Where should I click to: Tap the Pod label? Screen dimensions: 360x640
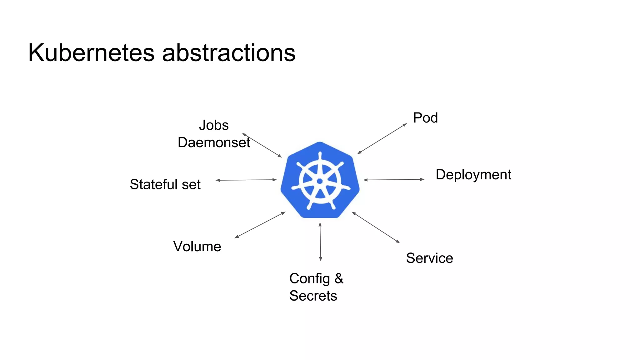click(x=425, y=118)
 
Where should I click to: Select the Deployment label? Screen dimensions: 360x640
click(x=473, y=174)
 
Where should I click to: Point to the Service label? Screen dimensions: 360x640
click(x=429, y=258)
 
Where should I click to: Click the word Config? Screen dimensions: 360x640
click(x=309, y=278)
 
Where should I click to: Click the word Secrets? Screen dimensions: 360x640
click(x=313, y=296)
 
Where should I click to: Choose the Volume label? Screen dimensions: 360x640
click(x=197, y=247)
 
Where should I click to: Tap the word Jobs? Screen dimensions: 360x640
click(x=214, y=125)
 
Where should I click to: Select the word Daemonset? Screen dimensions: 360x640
click(x=214, y=142)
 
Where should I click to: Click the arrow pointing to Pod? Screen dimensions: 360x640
click(x=382, y=138)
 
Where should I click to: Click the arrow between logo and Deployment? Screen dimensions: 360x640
click(x=394, y=180)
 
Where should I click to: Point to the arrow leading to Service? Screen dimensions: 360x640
click(x=376, y=227)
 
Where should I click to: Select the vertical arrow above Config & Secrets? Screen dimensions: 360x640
click(x=320, y=242)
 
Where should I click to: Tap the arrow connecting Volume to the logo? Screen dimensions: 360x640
click(x=260, y=225)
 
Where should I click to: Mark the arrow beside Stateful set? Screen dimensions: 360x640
click(x=246, y=180)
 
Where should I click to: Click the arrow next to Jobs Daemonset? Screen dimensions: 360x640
click(x=262, y=145)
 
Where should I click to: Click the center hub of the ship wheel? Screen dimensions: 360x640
click(x=320, y=181)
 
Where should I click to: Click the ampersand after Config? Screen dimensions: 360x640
click(x=339, y=278)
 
